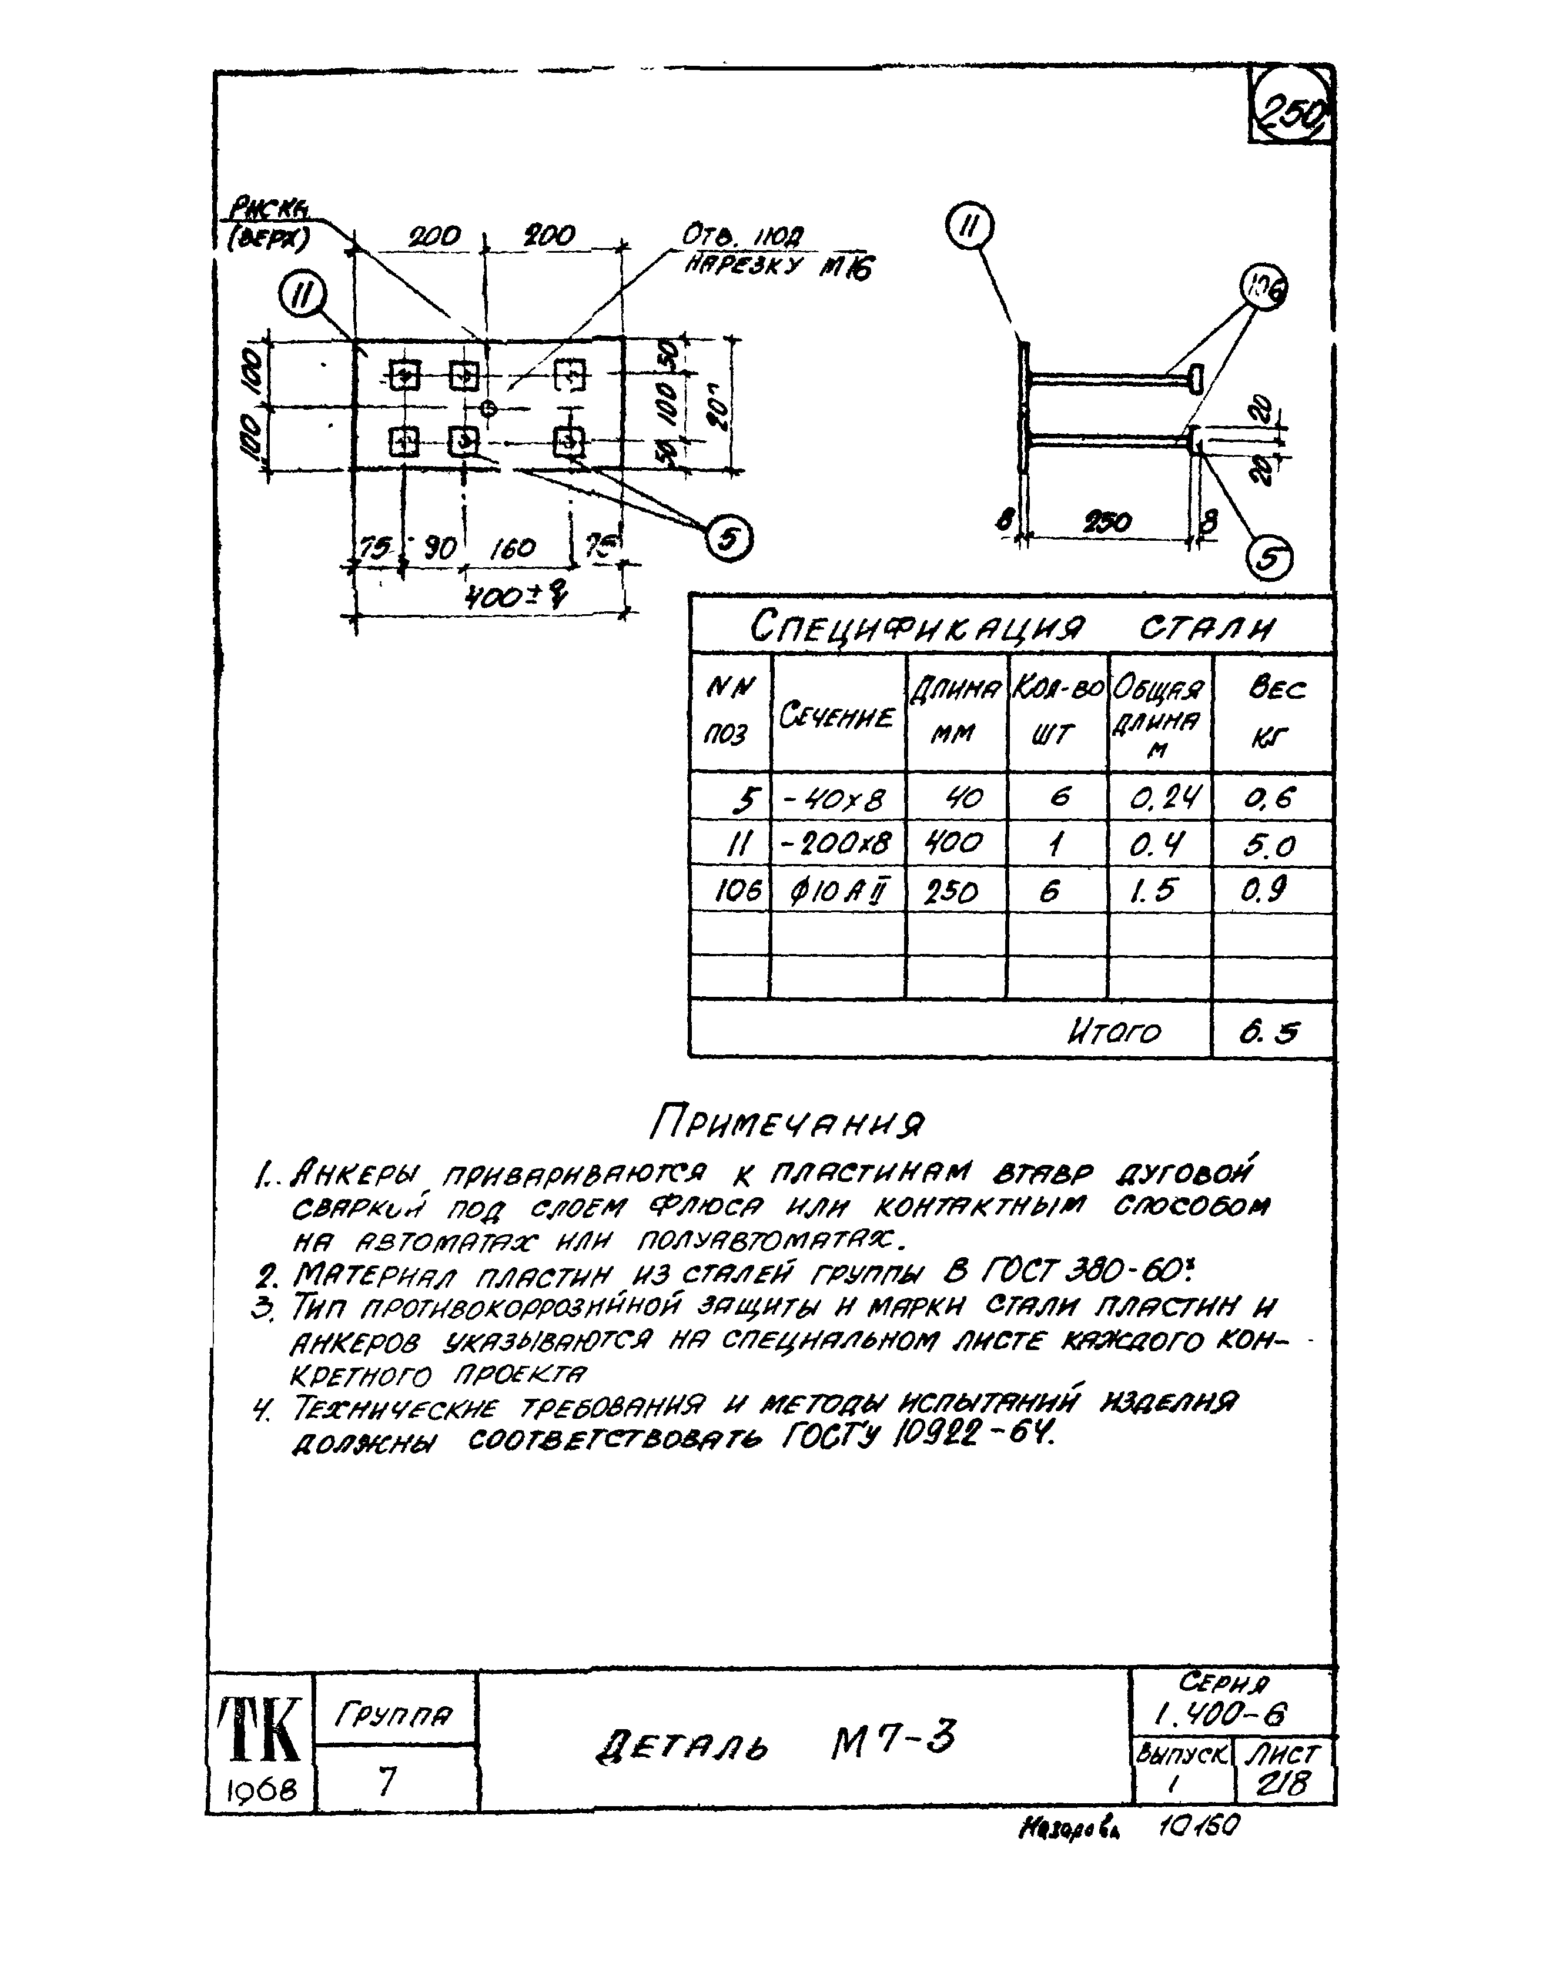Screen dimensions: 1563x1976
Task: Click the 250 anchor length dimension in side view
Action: click(1107, 523)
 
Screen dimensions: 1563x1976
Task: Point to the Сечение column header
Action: click(836, 716)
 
